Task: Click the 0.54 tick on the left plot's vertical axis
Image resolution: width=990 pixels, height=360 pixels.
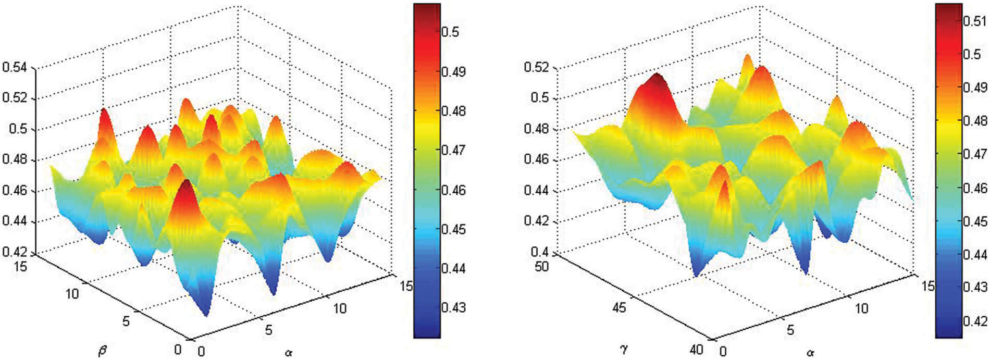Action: [16, 67]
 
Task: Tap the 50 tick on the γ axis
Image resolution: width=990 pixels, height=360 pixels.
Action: [541, 267]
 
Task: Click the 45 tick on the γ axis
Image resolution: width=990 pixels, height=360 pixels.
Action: [618, 307]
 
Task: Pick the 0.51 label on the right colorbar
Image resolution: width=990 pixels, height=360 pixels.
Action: [975, 21]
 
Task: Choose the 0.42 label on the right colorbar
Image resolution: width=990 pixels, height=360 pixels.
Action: [975, 321]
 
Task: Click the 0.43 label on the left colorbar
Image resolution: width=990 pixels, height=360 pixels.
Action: [453, 307]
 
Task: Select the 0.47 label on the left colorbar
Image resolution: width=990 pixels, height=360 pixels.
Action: [453, 151]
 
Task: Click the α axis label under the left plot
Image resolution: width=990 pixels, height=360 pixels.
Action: [289, 353]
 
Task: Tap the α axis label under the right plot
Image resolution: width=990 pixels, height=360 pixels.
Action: [810, 353]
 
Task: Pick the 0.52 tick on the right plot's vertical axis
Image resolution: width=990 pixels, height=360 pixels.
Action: [537, 67]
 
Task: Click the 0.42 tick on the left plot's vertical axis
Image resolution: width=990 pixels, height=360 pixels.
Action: [16, 252]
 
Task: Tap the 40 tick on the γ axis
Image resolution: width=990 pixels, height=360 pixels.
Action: [696, 350]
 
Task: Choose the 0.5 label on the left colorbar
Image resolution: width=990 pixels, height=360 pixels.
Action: [450, 32]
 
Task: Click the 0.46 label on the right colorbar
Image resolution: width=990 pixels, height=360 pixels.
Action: [975, 188]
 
